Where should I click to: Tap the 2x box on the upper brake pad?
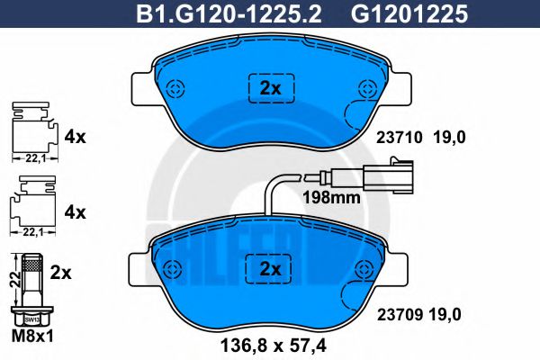pos(271,87)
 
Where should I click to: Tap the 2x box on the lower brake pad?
pos(271,267)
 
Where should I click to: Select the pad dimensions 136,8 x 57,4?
pos(269,343)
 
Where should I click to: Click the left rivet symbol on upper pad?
pos(175,89)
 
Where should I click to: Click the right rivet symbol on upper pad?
pos(366,89)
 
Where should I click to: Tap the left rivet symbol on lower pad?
pos(175,267)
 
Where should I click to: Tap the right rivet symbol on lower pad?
pos(366,267)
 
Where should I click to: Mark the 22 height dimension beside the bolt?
pos(12,278)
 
